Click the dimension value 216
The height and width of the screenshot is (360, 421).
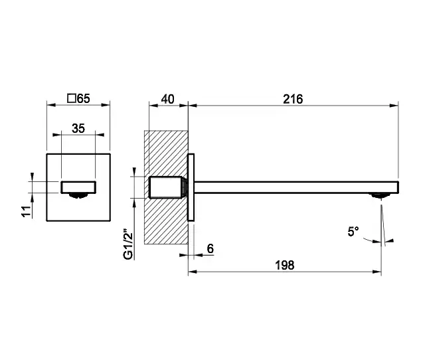tap(293, 99)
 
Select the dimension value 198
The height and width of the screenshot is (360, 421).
tap(285, 266)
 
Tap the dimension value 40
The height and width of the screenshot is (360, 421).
tap(167, 99)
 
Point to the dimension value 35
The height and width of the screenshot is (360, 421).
tap(78, 128)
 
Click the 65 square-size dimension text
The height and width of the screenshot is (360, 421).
tap(83, 98)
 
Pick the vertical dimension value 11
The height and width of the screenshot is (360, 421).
tap(27, 211)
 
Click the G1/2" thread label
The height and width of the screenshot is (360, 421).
tap(128, 244)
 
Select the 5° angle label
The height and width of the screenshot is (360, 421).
tap(353, 231)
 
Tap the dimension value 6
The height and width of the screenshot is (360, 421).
tap(210, 249)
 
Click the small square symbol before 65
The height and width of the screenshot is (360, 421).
tap(72, 98)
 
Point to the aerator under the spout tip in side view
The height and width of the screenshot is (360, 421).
tap(379, 195)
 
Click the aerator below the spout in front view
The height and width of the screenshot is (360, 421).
tap(78, 196)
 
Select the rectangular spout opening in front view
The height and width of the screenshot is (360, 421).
tap(78, 187)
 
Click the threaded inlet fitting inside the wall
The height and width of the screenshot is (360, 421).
tap(167, 187)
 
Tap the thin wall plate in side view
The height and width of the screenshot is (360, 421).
tap(191, 187)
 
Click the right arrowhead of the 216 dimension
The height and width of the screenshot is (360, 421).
tap(394, 106)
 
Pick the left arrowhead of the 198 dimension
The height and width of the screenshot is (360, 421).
tap(193, 272)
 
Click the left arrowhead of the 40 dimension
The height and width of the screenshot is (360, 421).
tap(153, 106)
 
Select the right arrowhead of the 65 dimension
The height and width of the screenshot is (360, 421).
tap(106, 105)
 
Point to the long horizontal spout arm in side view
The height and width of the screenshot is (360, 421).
tap(296, 187)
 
